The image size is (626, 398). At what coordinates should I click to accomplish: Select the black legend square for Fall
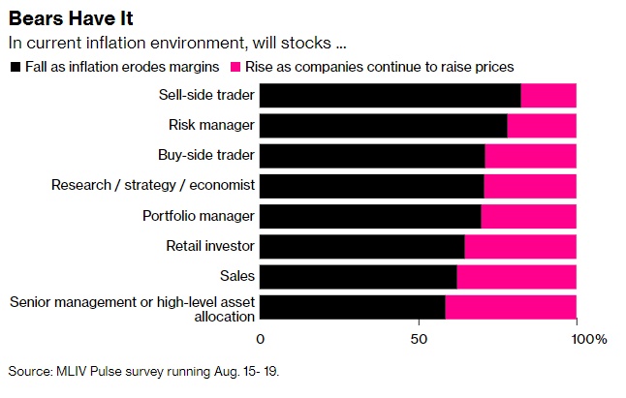(x=14, y=67)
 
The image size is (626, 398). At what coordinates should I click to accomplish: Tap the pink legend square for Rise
(x=235, y=67)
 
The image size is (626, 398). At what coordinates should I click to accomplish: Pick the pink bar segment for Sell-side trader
(x=548, y=95)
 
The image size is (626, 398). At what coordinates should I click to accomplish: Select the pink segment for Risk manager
(x=542, y=125)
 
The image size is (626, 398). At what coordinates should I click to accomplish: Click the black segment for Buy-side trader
(x=372, y=155)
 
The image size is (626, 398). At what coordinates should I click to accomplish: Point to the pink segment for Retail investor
(x=520, y=246)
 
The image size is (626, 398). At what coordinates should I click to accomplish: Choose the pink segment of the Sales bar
(x=516, y=277)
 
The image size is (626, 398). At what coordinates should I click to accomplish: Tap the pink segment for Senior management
(x=511, y=307)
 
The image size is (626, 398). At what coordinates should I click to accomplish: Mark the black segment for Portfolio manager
(x=370, y=216)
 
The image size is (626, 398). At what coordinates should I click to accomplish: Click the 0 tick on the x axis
(x=260, y=339)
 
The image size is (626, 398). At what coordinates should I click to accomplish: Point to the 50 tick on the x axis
(x=419, y=339)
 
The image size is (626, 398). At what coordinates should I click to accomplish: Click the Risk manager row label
(x=211, y=125)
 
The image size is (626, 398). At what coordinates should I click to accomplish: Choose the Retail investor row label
(x=208, y=246)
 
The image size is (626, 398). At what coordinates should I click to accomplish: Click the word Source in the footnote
(x=29, y=372)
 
